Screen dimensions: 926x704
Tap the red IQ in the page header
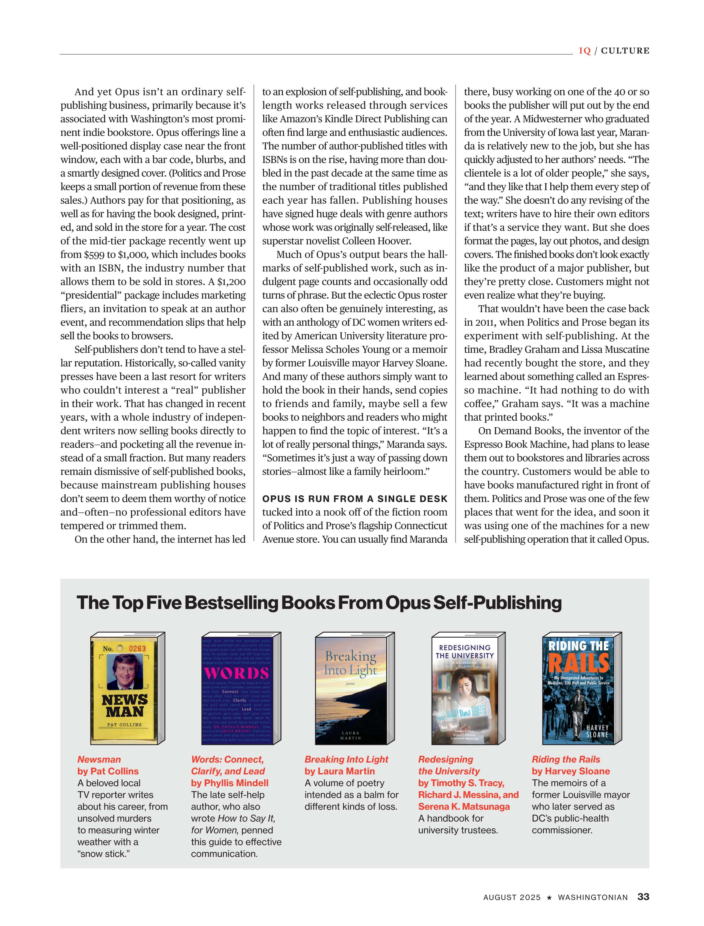584,51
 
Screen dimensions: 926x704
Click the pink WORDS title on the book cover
236,673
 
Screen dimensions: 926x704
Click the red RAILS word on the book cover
579,663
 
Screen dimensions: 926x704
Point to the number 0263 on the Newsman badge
137,648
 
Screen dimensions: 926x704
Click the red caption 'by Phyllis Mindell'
230,783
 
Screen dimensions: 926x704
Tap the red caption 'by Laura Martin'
339,771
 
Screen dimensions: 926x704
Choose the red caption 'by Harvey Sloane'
571,771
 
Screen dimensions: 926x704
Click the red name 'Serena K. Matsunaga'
464,806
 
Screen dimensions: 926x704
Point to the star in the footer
549,897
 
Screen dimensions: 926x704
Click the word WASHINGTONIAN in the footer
593,897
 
